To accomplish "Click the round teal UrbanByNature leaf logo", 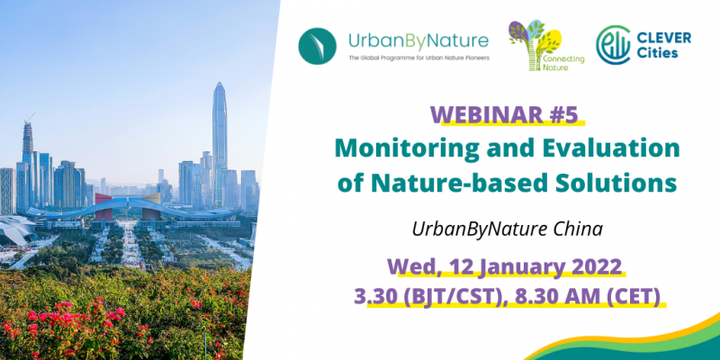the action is (318, 46).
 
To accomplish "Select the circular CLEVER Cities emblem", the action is (613, 45).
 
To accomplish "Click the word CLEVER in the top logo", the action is (663, 38).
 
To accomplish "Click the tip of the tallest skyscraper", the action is (220, 82).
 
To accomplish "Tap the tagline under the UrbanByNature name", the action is (418, 58).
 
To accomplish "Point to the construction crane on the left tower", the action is (30, 117).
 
